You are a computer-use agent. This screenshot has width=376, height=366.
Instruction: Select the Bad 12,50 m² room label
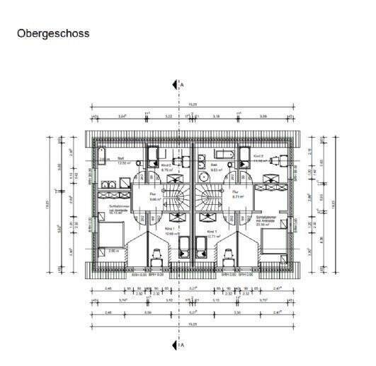click(121, 160)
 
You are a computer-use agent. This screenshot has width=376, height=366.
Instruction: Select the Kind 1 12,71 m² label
click(213, 234)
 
